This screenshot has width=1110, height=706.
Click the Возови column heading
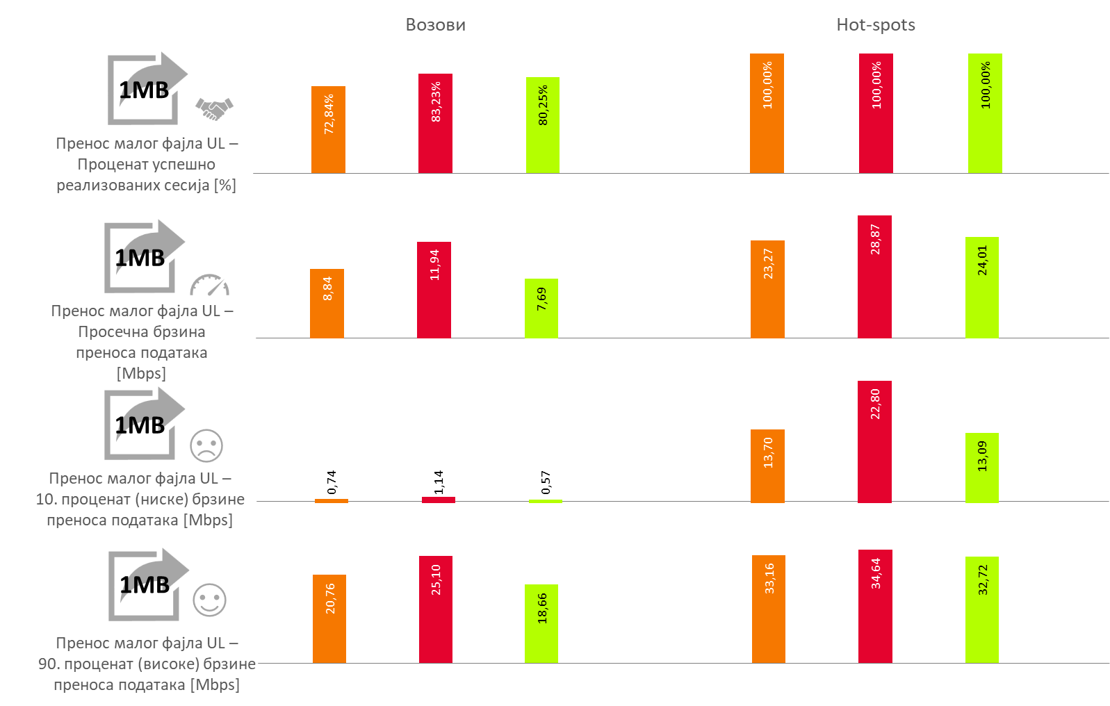[435, 25]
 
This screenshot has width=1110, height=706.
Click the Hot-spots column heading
[875, 25]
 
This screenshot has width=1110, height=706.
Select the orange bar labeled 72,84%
[328, 130]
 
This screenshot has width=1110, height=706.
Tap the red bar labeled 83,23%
[435, 124]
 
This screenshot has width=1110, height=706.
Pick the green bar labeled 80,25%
[542, 125]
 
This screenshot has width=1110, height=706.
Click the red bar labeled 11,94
[434, 290]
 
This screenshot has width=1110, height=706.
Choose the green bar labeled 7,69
[541, 309]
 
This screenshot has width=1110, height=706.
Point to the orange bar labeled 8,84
[327, 304]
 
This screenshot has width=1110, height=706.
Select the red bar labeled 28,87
[874, 277]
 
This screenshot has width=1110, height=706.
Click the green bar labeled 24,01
[981, 288]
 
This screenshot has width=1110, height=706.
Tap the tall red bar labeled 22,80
[874, 442]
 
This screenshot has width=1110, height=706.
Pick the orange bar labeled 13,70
[767, 466]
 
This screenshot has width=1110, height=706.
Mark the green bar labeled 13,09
[981, 468]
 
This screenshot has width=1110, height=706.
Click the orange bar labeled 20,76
[329, 618]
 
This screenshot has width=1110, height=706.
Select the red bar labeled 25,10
[435, 609]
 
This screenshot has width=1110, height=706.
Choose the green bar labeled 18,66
[541, 623]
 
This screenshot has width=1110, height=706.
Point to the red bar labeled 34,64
[875, 607]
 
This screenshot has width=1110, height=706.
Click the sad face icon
[206, 445]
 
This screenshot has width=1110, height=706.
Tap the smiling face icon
[209, 600]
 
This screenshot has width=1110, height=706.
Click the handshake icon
[214, 108]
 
